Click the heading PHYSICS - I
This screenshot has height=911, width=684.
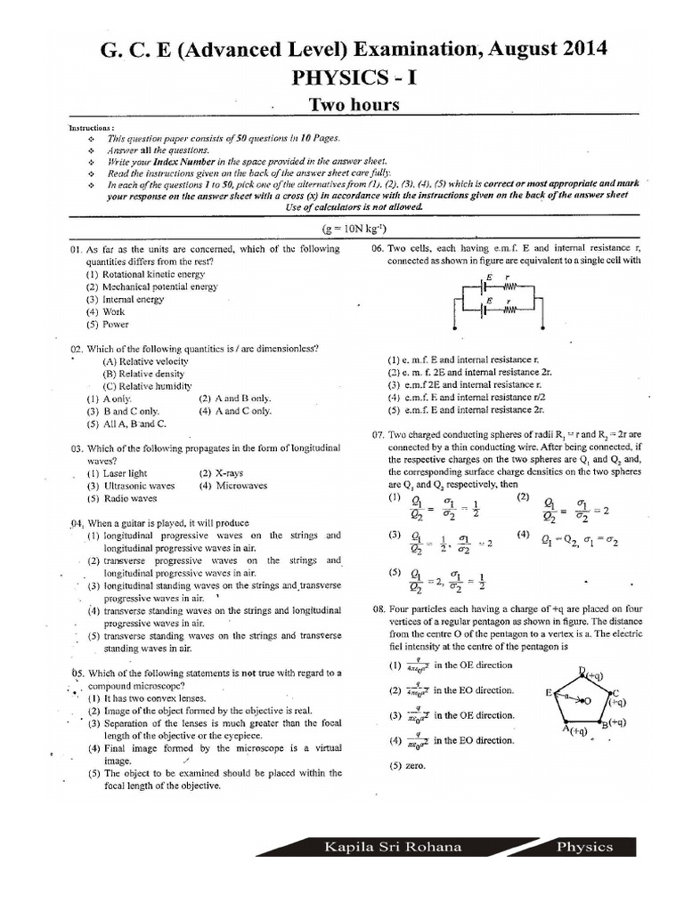(x=354, y=78)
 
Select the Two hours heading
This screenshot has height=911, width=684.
(x=354, y=106)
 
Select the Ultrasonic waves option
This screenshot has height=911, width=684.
(x=131, y=487)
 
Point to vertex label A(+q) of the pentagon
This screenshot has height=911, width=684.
(x=574, y=730)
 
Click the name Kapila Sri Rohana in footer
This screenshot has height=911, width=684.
(x=394, y=847)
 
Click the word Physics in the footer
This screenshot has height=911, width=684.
(x=584, y=847)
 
